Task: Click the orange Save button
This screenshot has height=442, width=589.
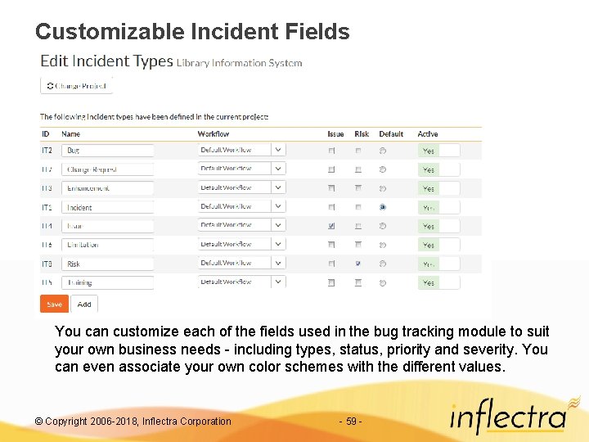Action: (x=54, y=304)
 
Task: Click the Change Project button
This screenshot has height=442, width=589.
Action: (x=76, y=85)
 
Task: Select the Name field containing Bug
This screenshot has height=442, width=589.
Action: (x=107, y=151)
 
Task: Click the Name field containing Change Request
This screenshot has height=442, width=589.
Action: (x=107, y=169)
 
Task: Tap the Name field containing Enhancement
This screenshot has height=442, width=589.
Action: (x=107, y=188)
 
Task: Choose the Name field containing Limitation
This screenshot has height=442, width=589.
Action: (x=107, y=245)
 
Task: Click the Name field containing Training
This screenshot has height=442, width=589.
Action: (x=107, y=282)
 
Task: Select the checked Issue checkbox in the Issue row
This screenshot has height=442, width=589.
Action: (x=331, y=226)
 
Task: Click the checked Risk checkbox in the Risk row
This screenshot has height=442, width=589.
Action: (x=357, y=264)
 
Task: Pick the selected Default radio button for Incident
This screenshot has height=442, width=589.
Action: (x=383, y=207)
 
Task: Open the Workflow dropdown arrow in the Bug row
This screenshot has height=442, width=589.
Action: (x=278, y=150)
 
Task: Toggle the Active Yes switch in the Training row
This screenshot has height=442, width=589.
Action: (x=438, y=282)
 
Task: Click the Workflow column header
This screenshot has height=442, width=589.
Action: (x=214, y=134)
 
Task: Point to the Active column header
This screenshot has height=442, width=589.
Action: (x=428, y=134)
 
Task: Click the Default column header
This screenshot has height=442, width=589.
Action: (x=391, y=134)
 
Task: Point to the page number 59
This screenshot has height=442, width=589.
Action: (x=350, y=422)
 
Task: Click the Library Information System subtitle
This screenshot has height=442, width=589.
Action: (x=239, y=63)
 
